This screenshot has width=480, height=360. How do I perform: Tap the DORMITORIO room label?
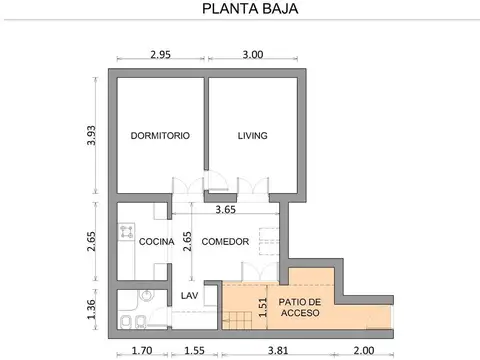160,135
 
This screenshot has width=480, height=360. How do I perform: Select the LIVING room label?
253,135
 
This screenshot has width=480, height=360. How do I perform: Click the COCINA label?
157,242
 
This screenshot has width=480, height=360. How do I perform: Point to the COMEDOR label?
225,242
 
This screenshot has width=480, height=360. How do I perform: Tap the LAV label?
189,296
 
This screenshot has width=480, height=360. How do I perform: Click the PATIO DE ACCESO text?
300,307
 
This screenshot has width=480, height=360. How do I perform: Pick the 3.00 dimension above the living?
251,55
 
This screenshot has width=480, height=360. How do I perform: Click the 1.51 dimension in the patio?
263,307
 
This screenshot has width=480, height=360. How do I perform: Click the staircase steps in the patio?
238,320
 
